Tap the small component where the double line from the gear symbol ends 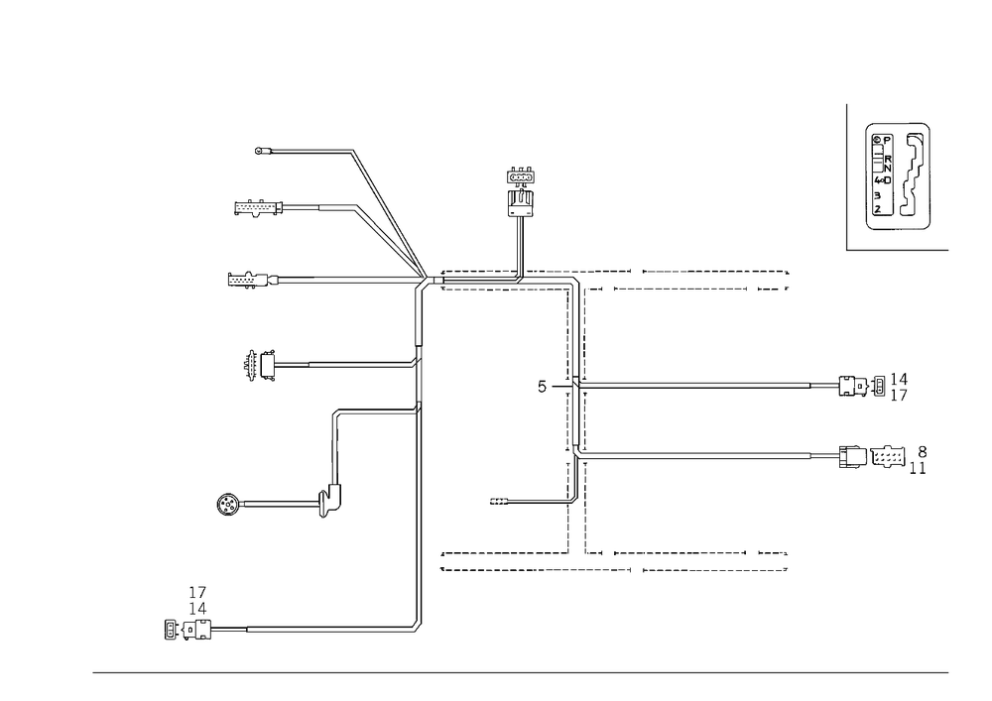pos(325,506)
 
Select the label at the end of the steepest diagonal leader pos(264,152)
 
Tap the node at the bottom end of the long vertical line pos(417,627)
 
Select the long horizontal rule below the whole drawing pos(521,671)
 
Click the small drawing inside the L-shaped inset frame pos(899,176)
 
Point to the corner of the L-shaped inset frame pos(849,250)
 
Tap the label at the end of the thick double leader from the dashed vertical pos(874,457)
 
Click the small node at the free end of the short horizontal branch pos(337,409)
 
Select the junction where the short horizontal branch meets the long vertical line pos(417,409)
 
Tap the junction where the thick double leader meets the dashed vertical pos(577,455)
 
